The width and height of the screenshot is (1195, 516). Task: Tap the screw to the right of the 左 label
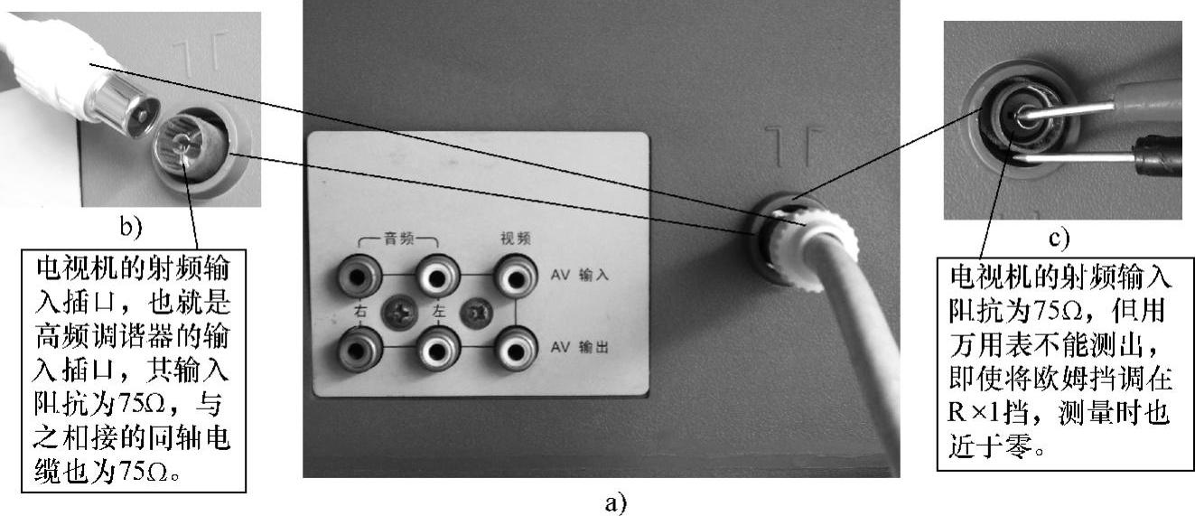tap(475, 313)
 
